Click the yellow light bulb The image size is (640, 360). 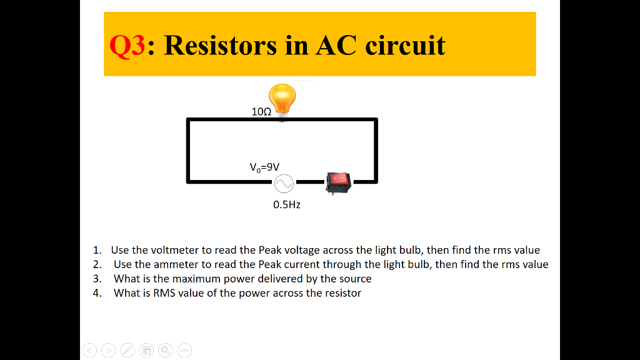tap(282, 100)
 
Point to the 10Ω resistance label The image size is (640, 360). tap(261, 112)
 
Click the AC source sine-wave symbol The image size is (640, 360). tap(282, 183)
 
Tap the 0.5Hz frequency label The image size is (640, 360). tap(287, 205)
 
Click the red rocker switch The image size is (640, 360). tap(338, 181)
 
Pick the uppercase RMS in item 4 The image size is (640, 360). tap(164, 293)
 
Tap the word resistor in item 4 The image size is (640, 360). tap(342, 293)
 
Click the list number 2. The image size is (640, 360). tap(96, 264)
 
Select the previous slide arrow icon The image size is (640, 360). tap(89, 351)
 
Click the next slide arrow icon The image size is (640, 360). tap(109, 351)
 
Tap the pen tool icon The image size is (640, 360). tap(127, 351)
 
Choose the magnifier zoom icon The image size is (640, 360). tap(166, 351)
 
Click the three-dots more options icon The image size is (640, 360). tap(184, 351)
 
